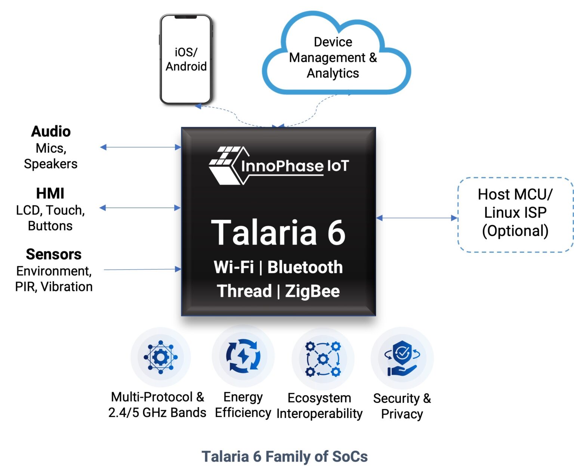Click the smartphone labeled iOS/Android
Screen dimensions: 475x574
[186, 60]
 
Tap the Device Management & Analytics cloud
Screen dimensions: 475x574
[333, 58]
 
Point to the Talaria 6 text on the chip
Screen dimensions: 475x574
[278, 232]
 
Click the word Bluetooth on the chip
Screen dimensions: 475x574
[305, 267]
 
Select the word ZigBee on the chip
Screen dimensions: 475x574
[312, 291]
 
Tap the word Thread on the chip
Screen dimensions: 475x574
[244, 291]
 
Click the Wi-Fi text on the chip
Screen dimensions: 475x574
[234, 267]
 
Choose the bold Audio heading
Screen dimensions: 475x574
[51, 131]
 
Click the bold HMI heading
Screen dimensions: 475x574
[50, 193]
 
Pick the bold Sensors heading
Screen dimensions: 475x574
[53, 254]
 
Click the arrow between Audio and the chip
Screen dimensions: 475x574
[141, 147]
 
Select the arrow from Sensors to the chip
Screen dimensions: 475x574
[142, 269]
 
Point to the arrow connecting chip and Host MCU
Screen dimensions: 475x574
[417, 218]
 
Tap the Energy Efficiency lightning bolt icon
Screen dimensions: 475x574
[243, 356]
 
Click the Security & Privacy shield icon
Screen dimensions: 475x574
[402, 357]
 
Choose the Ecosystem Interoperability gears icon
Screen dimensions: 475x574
[323, 358]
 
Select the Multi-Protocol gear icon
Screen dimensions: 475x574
[161, 357]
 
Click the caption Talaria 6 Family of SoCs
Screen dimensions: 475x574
[284, 456]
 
